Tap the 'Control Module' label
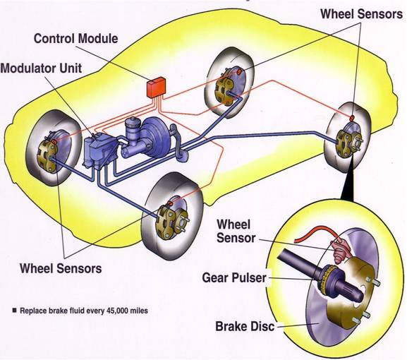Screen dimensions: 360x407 (76, 37)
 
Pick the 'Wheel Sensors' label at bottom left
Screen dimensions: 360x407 (61, 268)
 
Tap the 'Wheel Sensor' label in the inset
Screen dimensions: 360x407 (234, 231)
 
